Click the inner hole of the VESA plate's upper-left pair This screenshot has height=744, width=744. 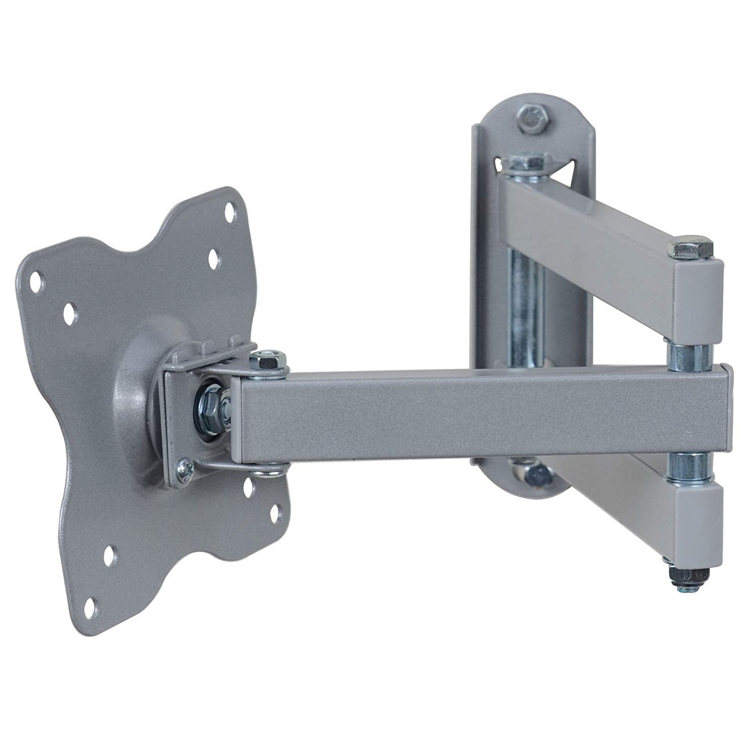(69, 311)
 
